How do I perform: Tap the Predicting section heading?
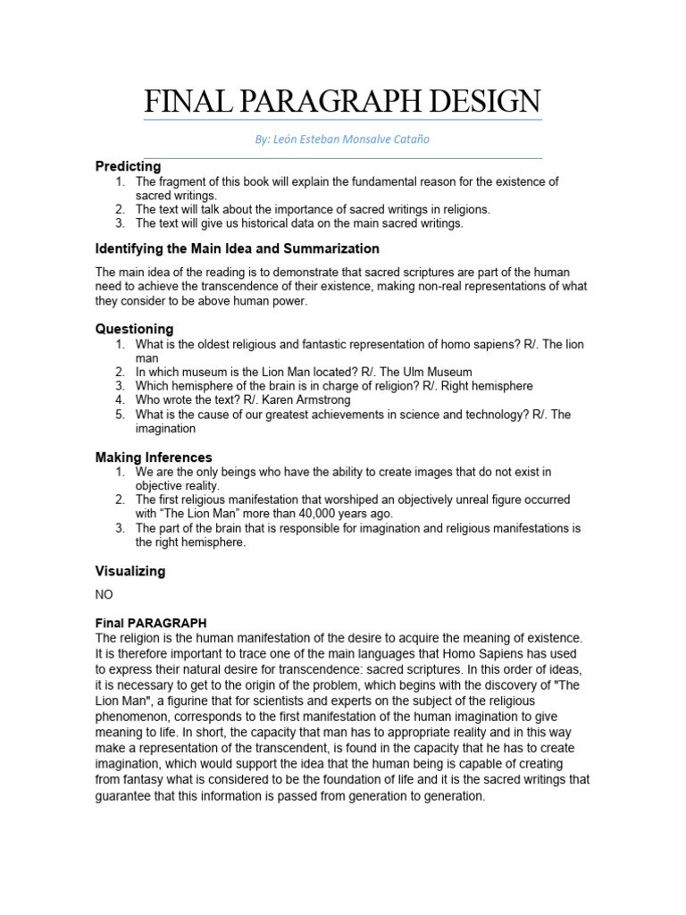pos(128,166)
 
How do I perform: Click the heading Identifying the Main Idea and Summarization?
pos(237,248)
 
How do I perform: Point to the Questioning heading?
pos(134,329)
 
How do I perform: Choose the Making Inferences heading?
pos(154,457)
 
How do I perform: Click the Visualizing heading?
pos(130,571)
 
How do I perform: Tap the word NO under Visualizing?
pos(105,593)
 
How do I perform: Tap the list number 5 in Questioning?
pos(120,415)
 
